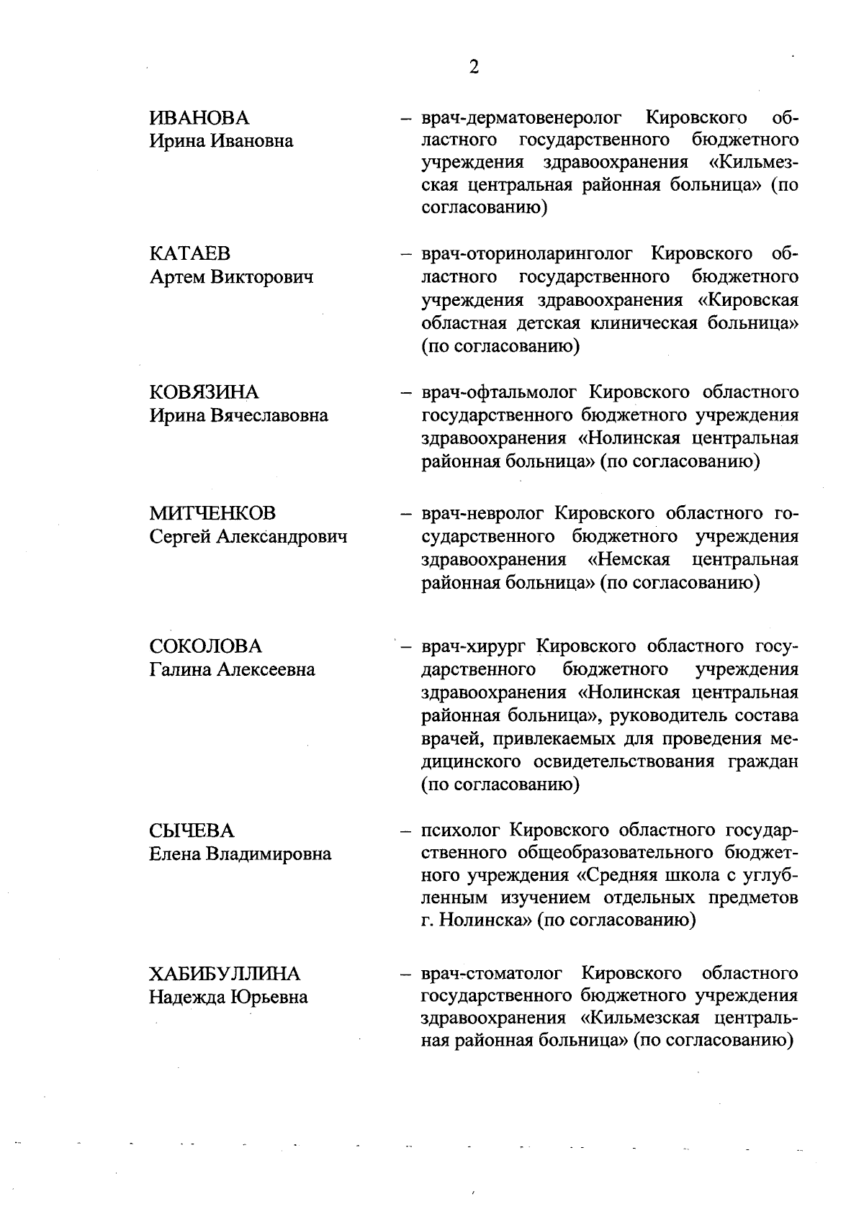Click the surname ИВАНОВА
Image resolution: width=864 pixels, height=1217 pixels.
pyautogui.click(x=199, y=118)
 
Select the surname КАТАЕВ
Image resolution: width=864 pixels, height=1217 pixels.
pyautogui.click(x=190, y=254)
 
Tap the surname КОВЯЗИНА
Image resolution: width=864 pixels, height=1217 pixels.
pyautogui.click(x=203, y=392)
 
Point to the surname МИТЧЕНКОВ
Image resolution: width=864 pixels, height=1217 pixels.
pyautogui.click(x=212, y=514)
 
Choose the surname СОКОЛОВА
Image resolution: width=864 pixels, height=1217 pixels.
pyautogui.click(x=205, y=646)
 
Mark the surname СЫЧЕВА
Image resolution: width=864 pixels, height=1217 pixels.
pyautogui.click(x=192, y=831)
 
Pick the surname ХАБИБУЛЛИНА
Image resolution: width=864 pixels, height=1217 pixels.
pyautogui.click(x=224, y=974)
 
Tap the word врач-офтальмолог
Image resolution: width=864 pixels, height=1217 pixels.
pyautogui.click(x=500, y=392)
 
